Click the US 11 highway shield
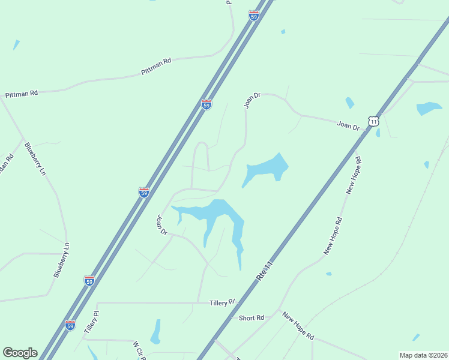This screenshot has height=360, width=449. tap(374, 121)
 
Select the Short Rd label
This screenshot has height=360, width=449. tap(251, 317)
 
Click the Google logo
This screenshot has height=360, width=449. tap(20, 353)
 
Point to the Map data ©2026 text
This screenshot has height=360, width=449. tap(423, 355)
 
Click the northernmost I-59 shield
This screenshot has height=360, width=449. tap(254, 16)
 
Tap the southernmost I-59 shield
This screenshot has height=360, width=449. tap(70, 325)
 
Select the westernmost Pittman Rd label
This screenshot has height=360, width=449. tap(22, 94)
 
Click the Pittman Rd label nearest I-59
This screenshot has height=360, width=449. tap(156, 67)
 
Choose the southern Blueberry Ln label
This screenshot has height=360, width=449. tap(62, 259)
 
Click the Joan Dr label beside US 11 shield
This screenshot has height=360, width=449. tap(348, 125)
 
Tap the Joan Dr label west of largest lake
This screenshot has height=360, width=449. tap(162, 224)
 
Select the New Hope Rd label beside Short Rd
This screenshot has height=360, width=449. tap(298, 326)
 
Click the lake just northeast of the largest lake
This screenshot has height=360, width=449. tap(264, 169)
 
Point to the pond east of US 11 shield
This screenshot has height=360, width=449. tap(429, 109)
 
